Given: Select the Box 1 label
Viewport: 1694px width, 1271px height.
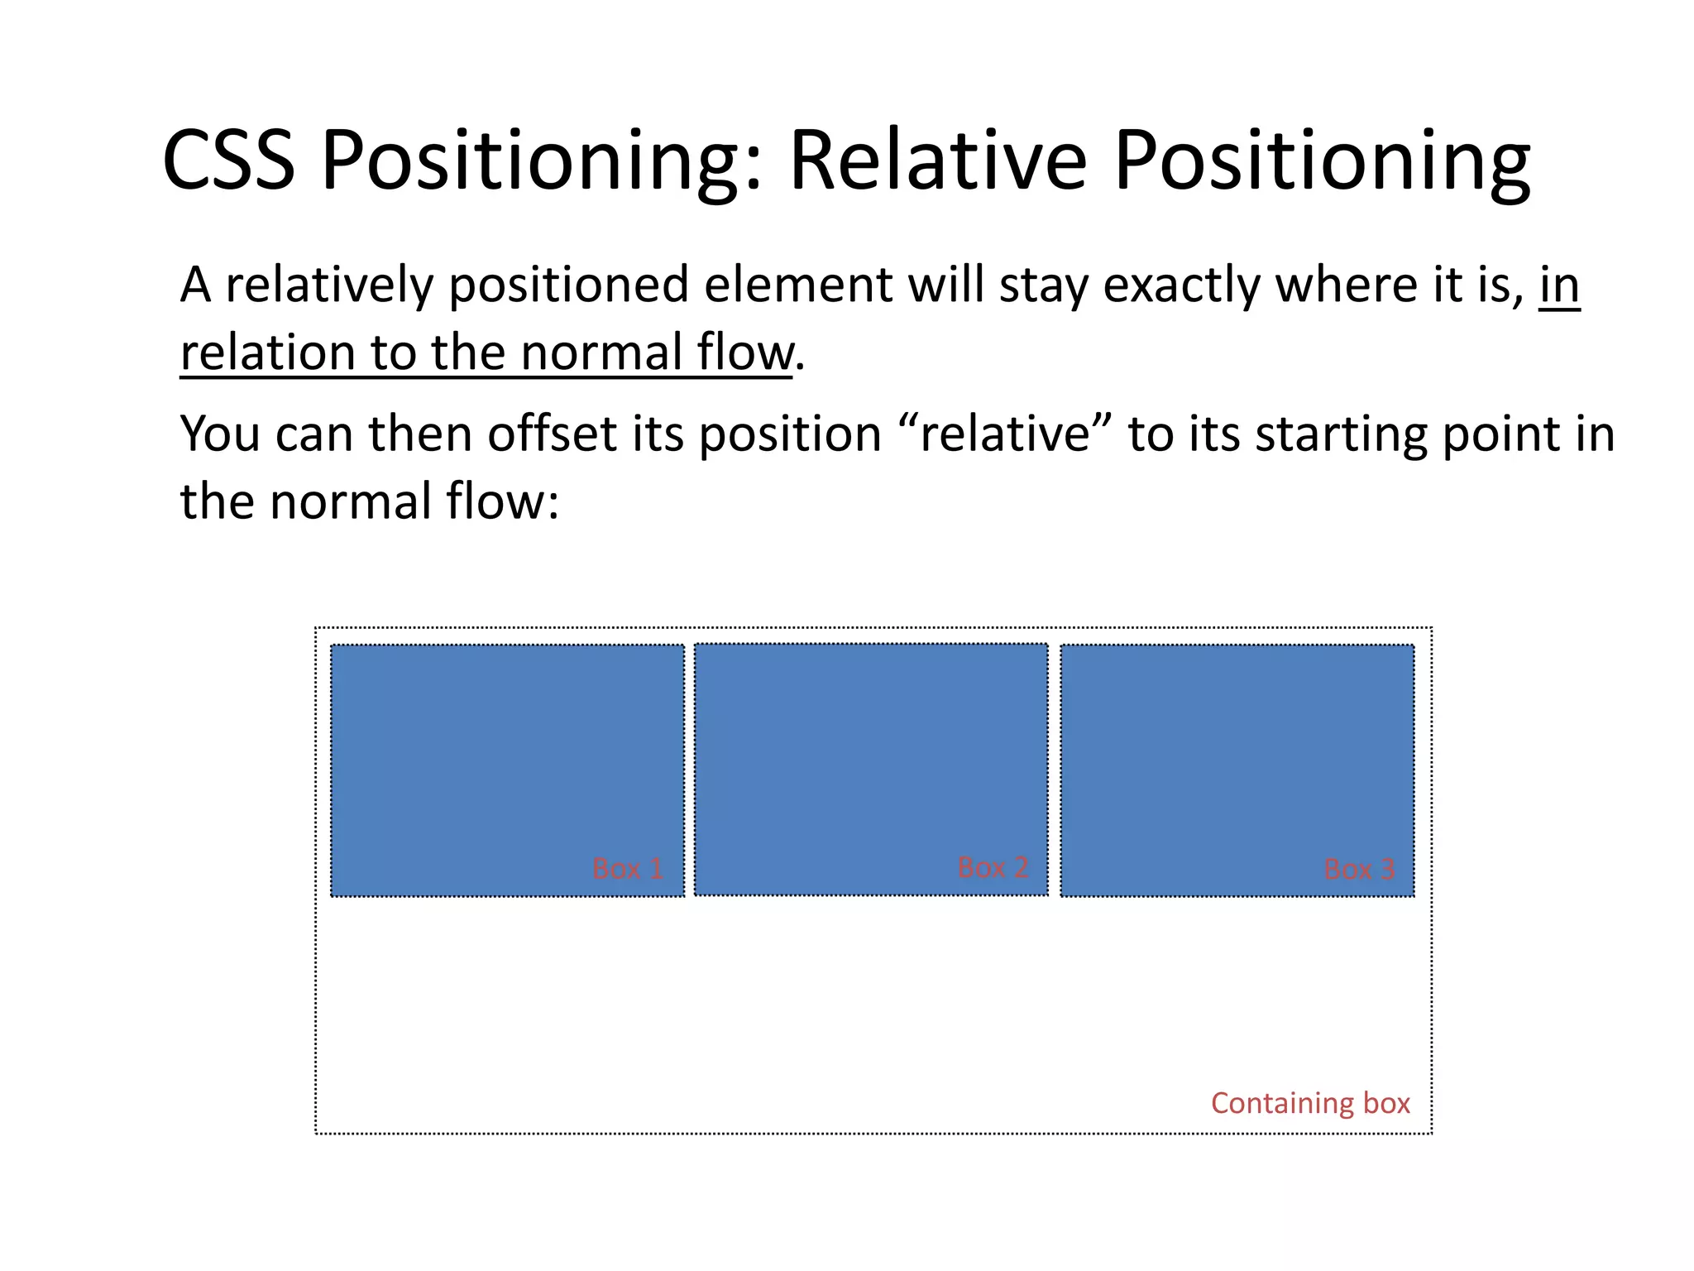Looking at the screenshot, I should point(628,869).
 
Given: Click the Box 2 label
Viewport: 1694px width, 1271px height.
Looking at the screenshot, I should point(993,867).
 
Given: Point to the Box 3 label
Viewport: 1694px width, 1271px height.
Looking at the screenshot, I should point(1359,870).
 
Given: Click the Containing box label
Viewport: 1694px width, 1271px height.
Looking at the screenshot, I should point(1310,1103).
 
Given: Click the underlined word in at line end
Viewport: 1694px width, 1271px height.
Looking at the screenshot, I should point(1559,285).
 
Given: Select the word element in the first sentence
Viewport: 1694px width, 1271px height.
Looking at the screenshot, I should point(797,285).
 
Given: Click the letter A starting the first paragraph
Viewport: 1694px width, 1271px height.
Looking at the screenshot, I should point(195,285).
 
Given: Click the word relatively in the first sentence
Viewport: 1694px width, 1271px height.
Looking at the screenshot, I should point(329,285).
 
